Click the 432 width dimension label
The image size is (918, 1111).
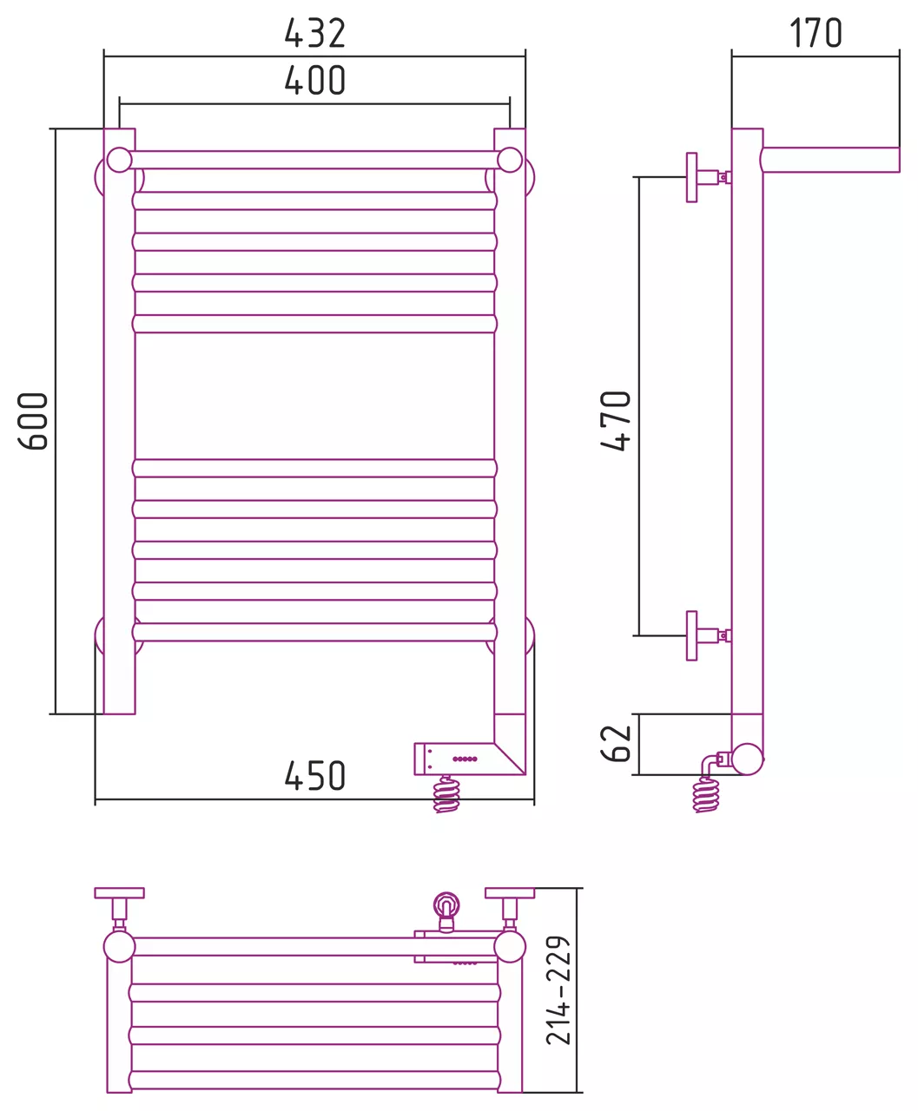(x=314, y=33)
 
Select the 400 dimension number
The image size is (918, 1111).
(x=314, y=81)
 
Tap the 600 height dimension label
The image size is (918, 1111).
(x=33, y=421)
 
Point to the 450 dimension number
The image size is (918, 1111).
(x=314, y=776)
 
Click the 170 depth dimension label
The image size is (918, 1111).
(x=816, y=33)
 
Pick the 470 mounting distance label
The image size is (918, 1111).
(x=616, y=420)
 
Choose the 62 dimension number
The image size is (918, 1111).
(x=616, y=743)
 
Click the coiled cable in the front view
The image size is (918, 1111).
(x=446, y=794)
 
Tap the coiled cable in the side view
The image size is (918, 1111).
(x=706, y=795)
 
